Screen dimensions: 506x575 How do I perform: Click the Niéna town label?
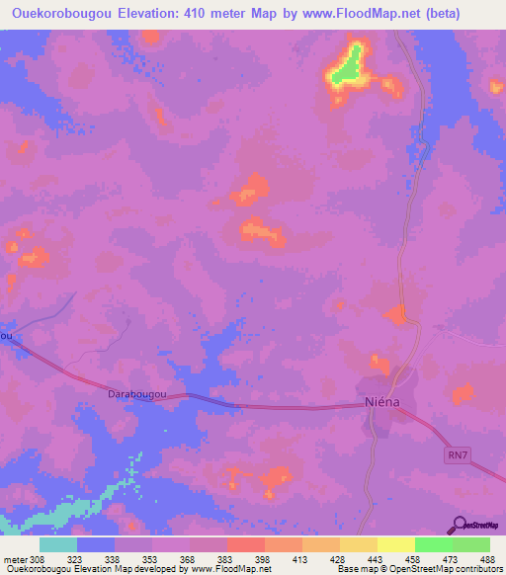click(378, 405)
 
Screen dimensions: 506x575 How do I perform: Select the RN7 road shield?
click(454, 452)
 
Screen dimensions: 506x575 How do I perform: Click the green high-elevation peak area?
click(346, 70)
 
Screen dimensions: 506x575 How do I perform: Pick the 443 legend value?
click(377, 558)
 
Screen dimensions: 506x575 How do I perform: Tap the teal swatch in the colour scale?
click(58, 544)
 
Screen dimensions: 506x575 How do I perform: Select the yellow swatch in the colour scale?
click(396, 544)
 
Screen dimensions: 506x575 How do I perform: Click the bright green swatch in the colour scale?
click(434, 544)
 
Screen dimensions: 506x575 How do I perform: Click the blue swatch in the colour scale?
click(96, 544)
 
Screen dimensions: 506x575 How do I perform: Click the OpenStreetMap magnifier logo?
click(458, 524)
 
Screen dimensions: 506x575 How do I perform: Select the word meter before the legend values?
click(15, 558)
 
